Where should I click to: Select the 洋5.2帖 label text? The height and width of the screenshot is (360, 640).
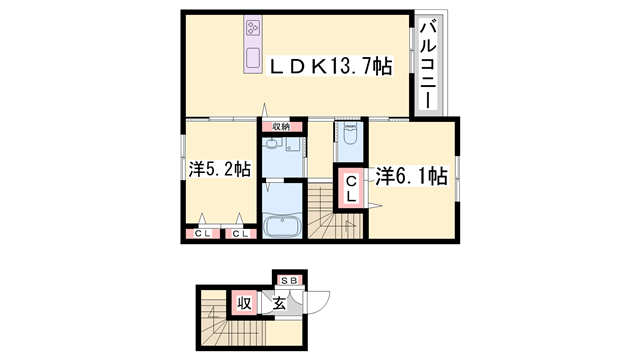coord(218,169)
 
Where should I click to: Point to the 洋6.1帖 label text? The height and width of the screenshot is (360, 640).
coord(411,177)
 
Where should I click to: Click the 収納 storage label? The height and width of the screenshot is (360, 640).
coord(281,126)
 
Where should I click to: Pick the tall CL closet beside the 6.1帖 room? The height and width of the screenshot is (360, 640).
coord(351,189)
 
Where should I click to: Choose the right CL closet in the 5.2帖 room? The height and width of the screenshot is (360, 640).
coord(240,234)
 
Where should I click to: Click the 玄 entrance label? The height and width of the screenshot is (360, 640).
coord(280,302)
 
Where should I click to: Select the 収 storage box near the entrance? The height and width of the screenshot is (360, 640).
coord(244,302)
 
